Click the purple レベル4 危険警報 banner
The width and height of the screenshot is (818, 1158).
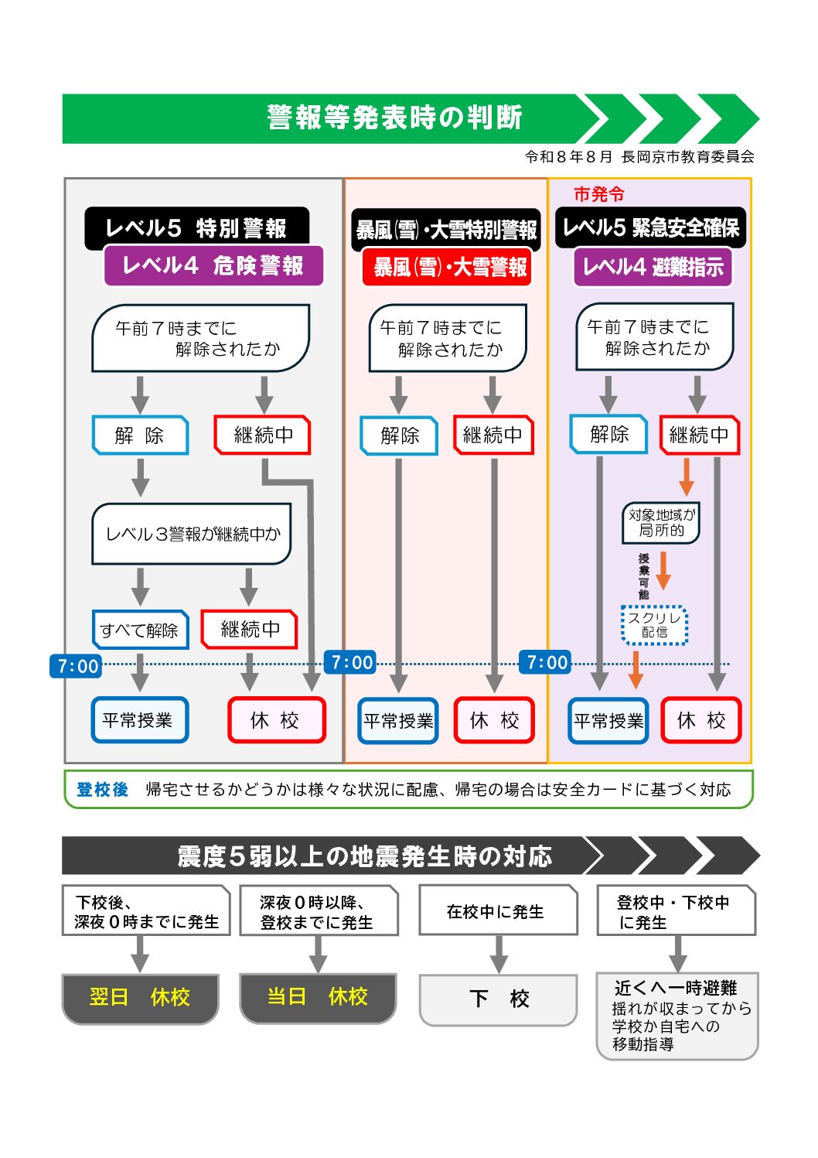[x=213, y=266]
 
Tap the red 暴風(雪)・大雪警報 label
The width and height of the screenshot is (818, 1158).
[x=447, y=267]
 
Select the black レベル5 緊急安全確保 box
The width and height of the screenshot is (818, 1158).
[x=650, y=228]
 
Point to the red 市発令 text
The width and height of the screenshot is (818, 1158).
[x=599, y=194]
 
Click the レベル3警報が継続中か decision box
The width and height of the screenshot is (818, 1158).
[x=192, y=534]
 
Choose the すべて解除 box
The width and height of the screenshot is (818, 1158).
[x=140, y=630]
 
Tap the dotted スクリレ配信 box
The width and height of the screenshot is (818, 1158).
[x=654, y=625]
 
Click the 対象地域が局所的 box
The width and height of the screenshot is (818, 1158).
[x=661, y=523]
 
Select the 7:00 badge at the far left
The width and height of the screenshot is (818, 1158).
[x=76, y=666]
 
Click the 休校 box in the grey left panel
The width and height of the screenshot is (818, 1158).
[x=277, y=719]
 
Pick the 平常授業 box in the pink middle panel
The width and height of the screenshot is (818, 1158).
[x=398, y=721]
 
